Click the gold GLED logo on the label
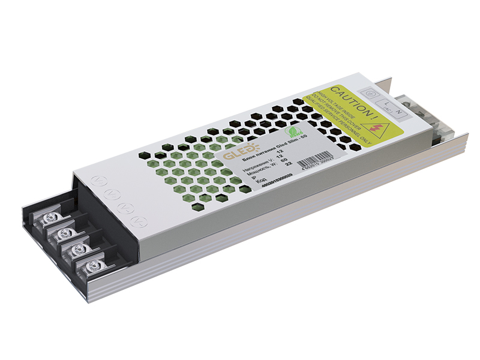click(x=232, y=155)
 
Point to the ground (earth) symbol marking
click(x=371, y=94)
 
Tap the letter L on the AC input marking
click(x=387, y=103)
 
